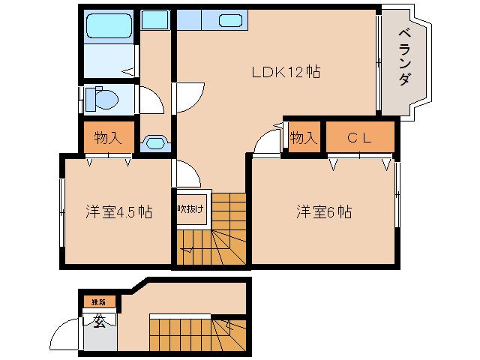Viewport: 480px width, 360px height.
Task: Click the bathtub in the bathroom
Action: click(108, 26)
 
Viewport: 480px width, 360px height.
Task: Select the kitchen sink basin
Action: click(229, 20)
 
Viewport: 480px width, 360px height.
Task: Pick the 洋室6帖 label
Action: click(323, 212)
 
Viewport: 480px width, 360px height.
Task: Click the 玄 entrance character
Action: click(99, 322)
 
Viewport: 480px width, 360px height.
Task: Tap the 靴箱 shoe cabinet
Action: click(99, 301)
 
